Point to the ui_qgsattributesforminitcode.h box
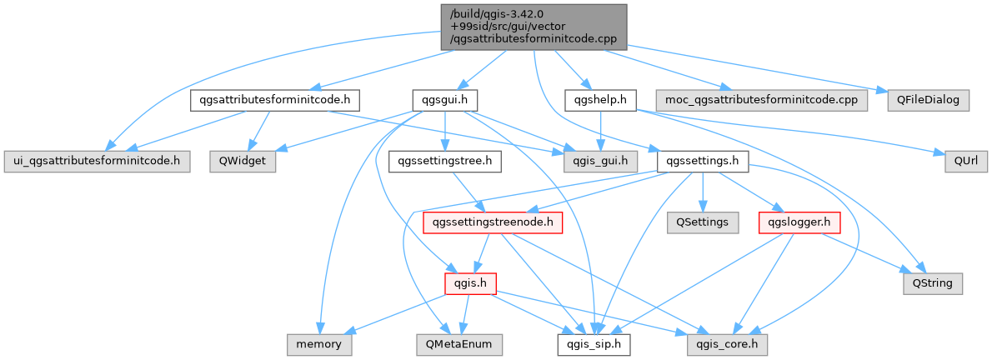(97, 161)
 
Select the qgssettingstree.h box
(444, 161)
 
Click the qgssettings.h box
(703, 161)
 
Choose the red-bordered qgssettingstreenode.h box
(493, 222)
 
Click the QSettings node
(703, 222)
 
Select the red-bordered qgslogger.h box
(799, 222)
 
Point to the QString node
(933, 283)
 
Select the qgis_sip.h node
(594, 343)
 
